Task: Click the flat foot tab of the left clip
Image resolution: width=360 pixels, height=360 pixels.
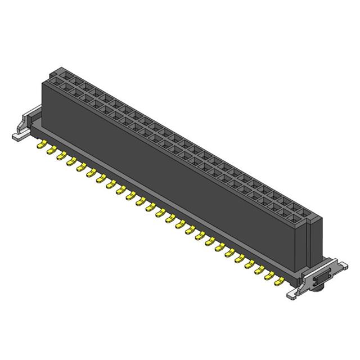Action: tap(19, 136)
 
